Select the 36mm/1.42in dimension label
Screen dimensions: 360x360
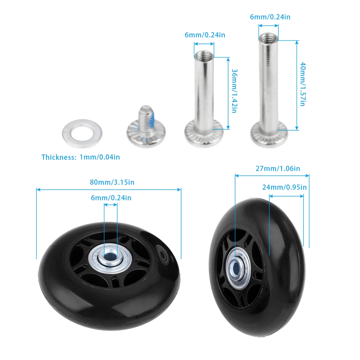click(234, 91)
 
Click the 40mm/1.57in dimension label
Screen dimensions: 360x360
click(303, 84)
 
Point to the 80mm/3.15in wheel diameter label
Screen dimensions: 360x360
click(112, 182)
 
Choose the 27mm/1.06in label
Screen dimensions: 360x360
click(278, 169)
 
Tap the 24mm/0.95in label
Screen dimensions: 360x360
click(284, 187)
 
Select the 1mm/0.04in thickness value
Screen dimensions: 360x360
click(100, 157)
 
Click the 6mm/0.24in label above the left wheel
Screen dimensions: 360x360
click(111, 198)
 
